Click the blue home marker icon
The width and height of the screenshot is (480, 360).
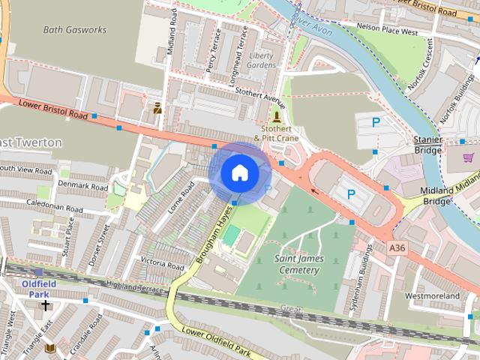238,172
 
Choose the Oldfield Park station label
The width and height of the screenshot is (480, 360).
34,289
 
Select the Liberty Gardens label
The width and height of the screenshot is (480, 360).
261,61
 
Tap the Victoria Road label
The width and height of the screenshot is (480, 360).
162,263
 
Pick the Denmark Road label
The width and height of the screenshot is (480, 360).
83,185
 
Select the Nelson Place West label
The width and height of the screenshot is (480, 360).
387,32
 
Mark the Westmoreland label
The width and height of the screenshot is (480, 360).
432,296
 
